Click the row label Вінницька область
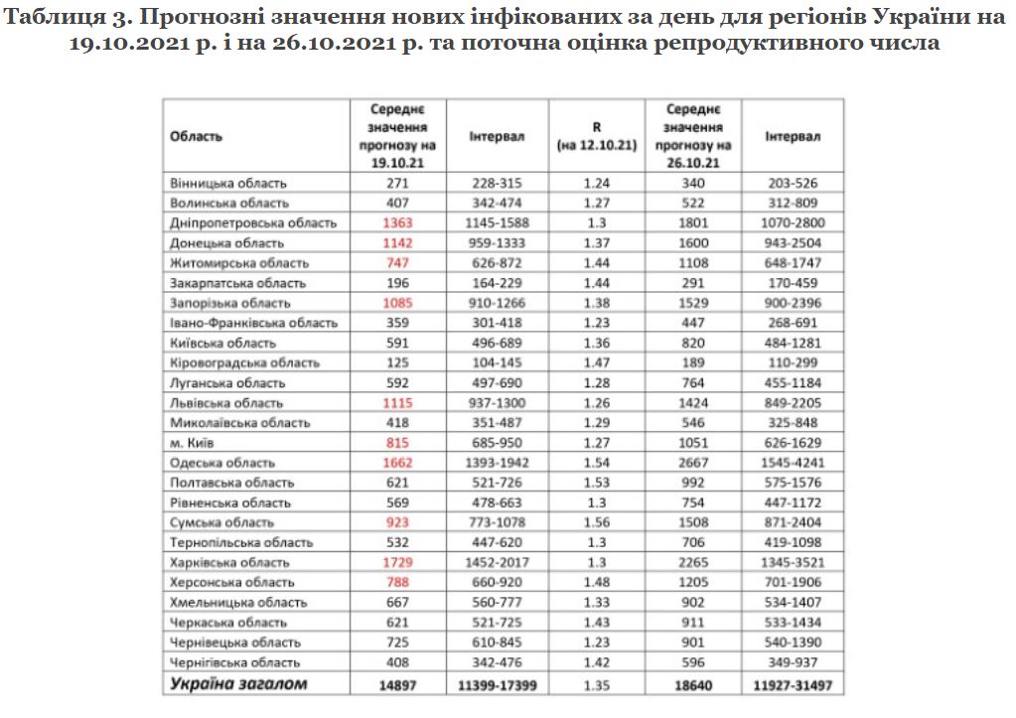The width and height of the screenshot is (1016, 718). (228, 183)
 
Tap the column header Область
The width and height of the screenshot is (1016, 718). (197, 136)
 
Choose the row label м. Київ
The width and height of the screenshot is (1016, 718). (194, 443)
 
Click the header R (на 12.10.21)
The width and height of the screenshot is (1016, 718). (596, 136)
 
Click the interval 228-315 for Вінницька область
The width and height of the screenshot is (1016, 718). (498, 183)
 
